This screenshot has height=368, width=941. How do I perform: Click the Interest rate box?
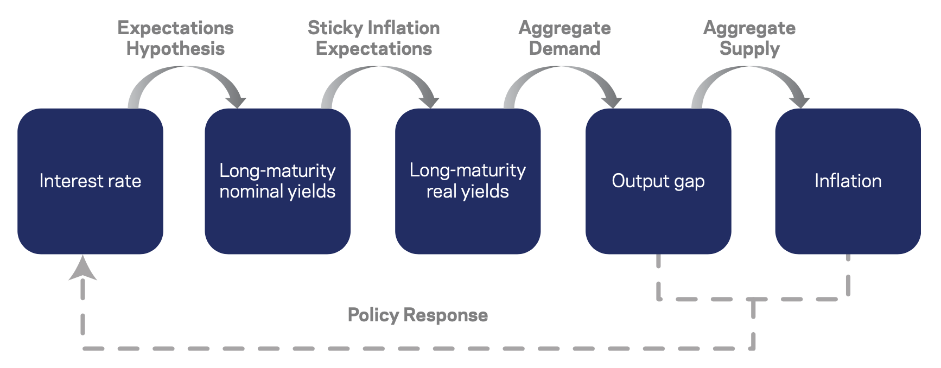90,181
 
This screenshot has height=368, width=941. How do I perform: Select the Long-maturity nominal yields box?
277,181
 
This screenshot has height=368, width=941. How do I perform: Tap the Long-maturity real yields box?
468,181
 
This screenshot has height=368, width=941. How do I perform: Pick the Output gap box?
658,181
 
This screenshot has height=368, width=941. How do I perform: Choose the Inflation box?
848,181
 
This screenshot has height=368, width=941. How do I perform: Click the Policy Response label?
418,315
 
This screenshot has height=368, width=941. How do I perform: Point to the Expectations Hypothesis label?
175,39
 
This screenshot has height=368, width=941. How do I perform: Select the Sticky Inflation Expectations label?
374,39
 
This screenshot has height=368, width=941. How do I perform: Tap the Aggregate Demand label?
565,38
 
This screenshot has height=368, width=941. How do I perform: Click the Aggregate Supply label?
749,39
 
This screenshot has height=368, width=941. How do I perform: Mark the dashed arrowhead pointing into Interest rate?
82,268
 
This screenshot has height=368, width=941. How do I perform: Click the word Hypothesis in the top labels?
175,49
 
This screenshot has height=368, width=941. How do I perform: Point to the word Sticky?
335,28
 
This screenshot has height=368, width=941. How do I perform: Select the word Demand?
565,48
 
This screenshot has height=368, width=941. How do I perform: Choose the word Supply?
749,49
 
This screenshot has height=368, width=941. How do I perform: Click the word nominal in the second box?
251,191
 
